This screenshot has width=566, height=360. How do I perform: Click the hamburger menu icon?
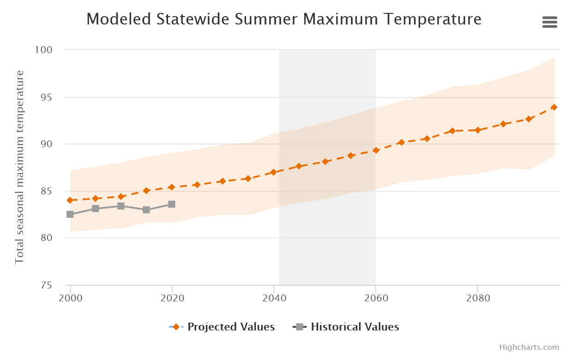pos(549,22)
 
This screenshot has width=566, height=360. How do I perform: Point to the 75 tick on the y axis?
pos(46,285)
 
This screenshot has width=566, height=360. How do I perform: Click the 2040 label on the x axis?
pos(274,298)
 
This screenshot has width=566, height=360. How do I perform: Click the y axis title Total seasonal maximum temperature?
pos(19,167)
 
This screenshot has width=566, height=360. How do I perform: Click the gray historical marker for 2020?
pos(172,204)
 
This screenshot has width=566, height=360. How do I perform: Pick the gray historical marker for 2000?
pos(70,214)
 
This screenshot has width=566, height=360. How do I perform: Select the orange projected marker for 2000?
pos(70,200)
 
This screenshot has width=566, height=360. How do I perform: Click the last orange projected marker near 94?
pos(554,107)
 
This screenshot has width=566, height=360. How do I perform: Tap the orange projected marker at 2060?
pos(376,150)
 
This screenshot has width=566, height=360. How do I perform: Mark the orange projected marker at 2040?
pos(273,172)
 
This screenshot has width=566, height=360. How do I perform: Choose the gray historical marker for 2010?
pos(120,206)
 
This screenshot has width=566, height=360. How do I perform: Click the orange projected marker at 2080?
pos(478,130)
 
